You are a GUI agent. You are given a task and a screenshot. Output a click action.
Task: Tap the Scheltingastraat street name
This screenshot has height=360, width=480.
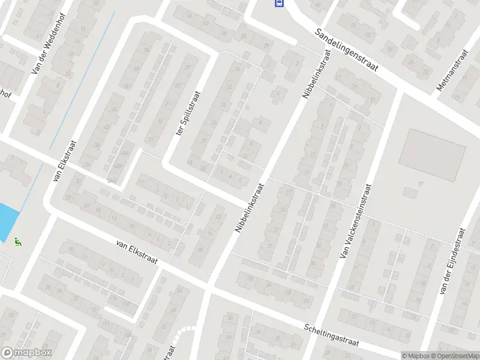click(x=331, y=335)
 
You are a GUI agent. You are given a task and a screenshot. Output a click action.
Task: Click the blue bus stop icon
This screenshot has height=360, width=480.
click(x=279, y=3)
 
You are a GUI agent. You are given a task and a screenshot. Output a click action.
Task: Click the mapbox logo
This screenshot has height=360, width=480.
click(x=26, y=353)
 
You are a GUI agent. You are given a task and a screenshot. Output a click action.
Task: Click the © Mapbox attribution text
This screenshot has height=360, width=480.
click(x=416, y=356)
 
